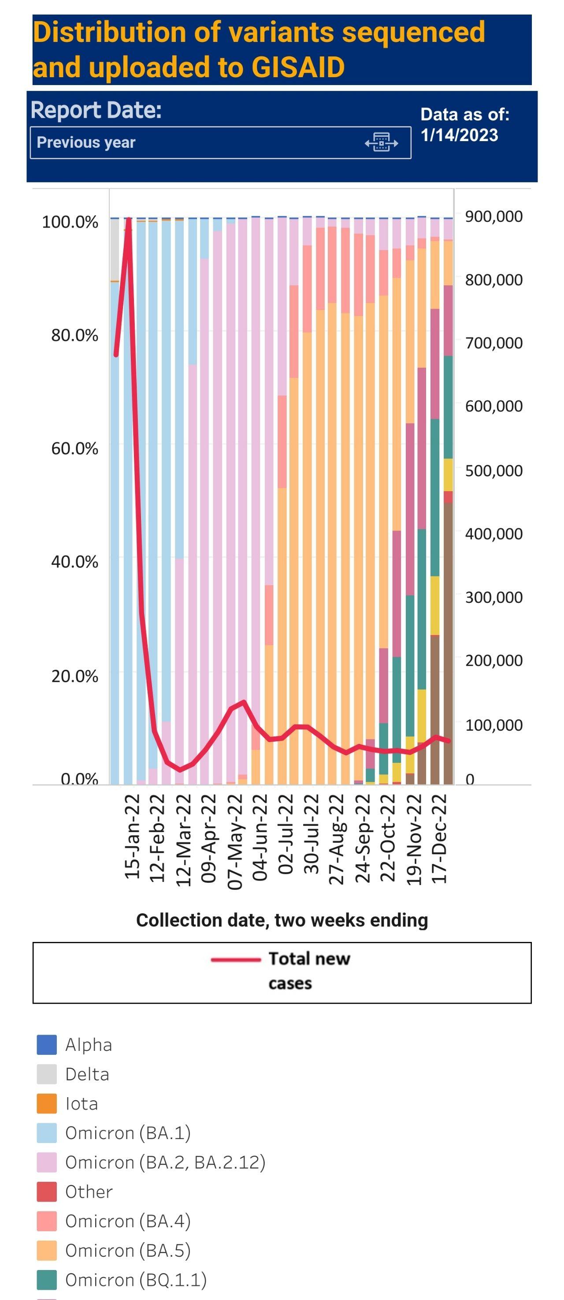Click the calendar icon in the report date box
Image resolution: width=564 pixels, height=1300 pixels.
pos(382,143)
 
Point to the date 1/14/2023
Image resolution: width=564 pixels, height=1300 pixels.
pos(459,135)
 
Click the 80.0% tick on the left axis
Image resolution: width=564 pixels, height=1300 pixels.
pos(74,335)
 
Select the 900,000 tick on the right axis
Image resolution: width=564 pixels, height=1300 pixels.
pos(493,217)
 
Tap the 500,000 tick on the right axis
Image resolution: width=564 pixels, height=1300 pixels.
pos(493,471)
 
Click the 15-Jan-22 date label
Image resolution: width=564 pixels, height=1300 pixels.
pos(132,836)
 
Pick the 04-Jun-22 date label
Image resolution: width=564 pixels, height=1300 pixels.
pos(260,838)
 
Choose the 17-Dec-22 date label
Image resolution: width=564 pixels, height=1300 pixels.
pos(439,838)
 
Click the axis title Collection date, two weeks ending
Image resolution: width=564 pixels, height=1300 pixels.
pos(282,920)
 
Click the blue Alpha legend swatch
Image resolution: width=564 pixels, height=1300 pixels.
pos(46,1044)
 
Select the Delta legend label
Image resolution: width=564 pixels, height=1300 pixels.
pos(87,1074)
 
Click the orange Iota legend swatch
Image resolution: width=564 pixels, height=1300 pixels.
pos(46,1103)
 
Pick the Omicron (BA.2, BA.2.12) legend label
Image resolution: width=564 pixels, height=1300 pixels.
pos(165,1162)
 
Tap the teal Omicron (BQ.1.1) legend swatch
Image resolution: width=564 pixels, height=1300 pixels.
pos(46,1279)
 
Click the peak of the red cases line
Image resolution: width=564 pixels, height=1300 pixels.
pos(129,219)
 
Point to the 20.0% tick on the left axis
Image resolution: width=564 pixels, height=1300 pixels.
pos(74,676)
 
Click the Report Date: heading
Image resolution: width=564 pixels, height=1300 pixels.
pos(96,110)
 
